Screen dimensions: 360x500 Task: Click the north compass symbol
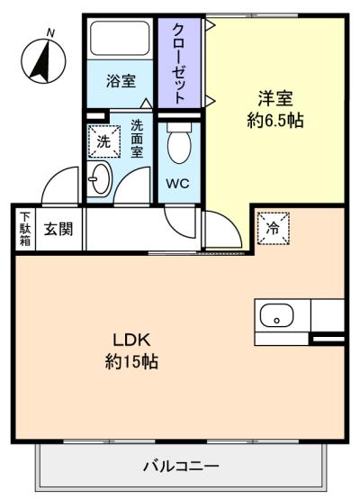point(43,61)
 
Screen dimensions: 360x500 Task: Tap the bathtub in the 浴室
point(120,38)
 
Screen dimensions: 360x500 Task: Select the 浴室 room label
point(121,81)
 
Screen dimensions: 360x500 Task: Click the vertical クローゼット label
point(179,64)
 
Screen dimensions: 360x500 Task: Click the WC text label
point(177,184)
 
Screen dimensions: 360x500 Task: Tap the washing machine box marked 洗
point(104,141)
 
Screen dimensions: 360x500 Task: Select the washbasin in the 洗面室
point(99,179)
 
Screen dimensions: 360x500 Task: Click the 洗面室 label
point(137,139)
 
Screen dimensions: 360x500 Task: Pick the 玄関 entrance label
point(58,229)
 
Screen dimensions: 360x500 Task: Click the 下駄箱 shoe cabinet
point(25,229)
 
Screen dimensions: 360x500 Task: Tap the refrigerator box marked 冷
point(273,228)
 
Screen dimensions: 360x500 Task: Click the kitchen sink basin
point(276,315)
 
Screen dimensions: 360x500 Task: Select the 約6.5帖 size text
point(275,120)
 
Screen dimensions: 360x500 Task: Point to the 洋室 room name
point(275,98)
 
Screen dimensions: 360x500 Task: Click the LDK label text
point(131,340)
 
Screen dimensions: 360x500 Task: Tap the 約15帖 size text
point(131,361)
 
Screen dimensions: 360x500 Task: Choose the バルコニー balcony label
point(181,467)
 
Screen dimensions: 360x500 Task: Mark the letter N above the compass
point(50,32)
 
